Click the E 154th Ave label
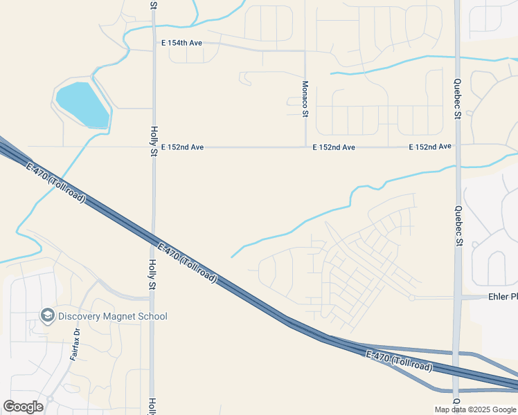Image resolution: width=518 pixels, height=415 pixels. [181, 43]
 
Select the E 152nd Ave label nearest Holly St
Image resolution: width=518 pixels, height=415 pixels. [182, 147]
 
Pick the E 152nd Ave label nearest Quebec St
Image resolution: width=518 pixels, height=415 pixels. [429, 147]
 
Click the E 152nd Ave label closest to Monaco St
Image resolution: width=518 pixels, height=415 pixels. [333, 147]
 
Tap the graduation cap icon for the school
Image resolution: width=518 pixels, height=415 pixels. [48, 316]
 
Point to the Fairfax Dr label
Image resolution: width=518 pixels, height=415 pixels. [75, 344]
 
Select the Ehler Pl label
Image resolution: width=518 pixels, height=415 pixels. [503, 297]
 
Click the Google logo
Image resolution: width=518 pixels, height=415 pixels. [23, 406]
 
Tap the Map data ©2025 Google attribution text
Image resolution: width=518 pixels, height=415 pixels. [475, 409]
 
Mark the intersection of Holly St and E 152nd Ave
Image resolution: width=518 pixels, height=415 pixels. [154, 147]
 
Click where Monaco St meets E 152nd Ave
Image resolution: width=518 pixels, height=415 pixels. [305, 147]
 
